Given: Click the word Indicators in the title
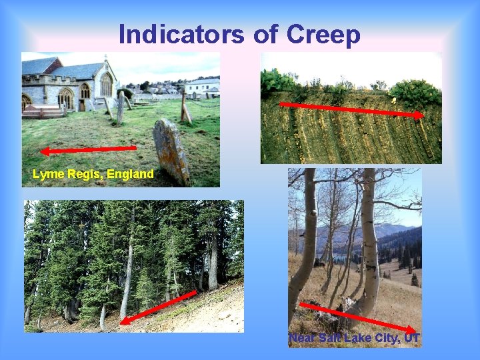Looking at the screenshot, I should coord(181,34).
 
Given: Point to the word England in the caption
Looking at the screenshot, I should coord(129,174).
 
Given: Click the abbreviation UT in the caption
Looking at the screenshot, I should coord(413,339).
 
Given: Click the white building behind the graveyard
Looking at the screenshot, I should coord(202,87).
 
